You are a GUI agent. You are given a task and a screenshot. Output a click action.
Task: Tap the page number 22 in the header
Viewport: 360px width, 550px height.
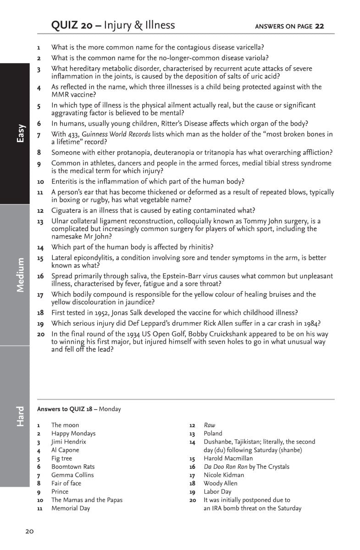(319, 26)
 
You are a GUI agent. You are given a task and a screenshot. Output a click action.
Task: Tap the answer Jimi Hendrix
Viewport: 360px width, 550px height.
(68, 442)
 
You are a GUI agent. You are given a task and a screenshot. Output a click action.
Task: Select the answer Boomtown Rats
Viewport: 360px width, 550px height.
(73, 467)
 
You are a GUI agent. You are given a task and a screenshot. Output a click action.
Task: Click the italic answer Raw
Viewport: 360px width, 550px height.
(209, 425)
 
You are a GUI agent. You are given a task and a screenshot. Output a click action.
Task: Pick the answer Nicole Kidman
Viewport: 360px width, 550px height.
(224, 475)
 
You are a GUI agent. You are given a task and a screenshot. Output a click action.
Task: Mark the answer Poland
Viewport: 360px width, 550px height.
(213, 434)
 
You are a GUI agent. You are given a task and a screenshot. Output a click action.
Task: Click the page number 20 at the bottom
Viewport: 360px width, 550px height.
(29, 532)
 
